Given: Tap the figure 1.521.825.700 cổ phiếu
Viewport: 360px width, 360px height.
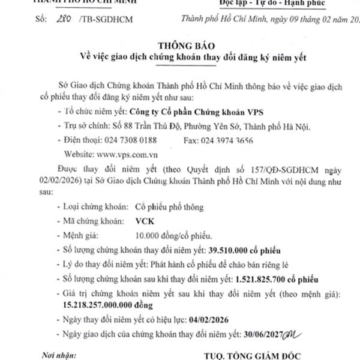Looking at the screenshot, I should point(261,279).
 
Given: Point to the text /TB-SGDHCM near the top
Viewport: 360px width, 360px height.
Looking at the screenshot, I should point(106,20).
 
